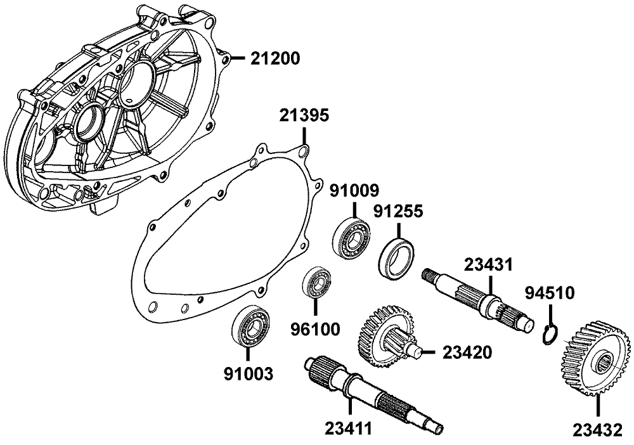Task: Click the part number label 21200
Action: pyautogui.click(x=275, y=58)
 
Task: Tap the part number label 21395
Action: pyautogui.click(x=304, y=115)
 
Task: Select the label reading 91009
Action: pyautogui.click(x=354, y=190)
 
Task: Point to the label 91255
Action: pyautogui.click(x=398, y=211)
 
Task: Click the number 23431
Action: pyautogui.click(x=488, y=265)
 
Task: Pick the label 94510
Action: pyautogui.click(x=550, y=293)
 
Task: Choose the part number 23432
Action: pyautogui.click(x=597, y=430)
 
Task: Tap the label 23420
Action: pyautogui.click(x=467, y=352)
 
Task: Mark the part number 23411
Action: pyautogui.click(x=348, y=428)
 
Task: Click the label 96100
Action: pyautogui.click(x=315, y=330)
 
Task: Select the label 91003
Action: pyautogui.click(x=249, y=374)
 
